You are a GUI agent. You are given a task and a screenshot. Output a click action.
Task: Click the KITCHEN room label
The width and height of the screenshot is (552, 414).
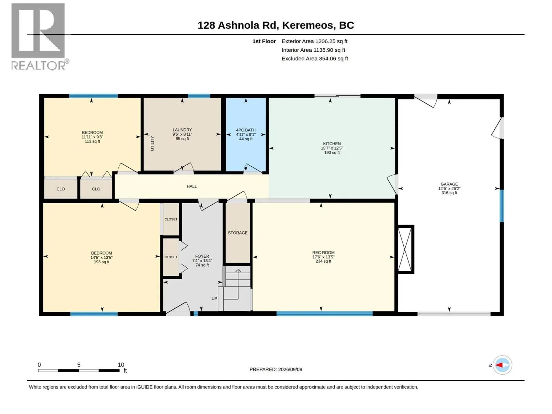point(332,144)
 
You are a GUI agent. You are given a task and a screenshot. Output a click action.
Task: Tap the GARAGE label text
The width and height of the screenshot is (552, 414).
point(449,184)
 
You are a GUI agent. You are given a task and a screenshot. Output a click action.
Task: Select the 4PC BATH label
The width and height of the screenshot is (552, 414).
point(246,130)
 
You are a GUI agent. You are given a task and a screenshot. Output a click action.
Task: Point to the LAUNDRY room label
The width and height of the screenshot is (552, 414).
point(182,130)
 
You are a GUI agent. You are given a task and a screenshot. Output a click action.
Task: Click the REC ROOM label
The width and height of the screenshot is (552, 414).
point(323,253)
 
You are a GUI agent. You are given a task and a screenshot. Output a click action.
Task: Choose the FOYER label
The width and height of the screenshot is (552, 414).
point(202,256)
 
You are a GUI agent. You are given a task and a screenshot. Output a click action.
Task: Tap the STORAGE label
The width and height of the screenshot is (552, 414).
point(238,233)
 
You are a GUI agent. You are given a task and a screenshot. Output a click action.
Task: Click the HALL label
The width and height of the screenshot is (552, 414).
point(191,186)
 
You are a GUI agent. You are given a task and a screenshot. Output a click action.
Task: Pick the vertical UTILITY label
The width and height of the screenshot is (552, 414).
point(152,144)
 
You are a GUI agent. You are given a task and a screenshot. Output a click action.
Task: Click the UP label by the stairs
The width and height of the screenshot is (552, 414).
point(214,299)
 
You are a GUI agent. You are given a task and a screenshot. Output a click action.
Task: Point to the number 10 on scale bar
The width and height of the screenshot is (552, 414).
point(121,364)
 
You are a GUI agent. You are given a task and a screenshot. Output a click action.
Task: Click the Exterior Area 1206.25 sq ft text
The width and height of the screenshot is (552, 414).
point(314,41)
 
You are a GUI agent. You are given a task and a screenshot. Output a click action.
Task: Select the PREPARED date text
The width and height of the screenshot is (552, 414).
point(276,369)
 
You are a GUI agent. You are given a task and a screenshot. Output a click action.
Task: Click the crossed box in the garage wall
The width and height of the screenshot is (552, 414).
point(405,249)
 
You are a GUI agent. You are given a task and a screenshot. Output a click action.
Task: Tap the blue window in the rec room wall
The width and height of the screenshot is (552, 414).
point(324,314)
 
